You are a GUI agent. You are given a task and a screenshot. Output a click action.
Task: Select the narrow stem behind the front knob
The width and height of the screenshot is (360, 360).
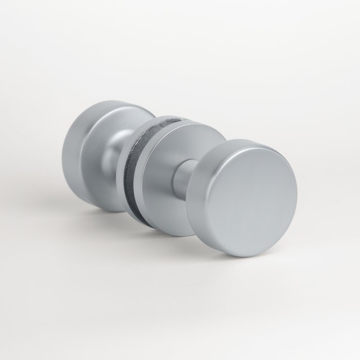click(183, 177)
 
